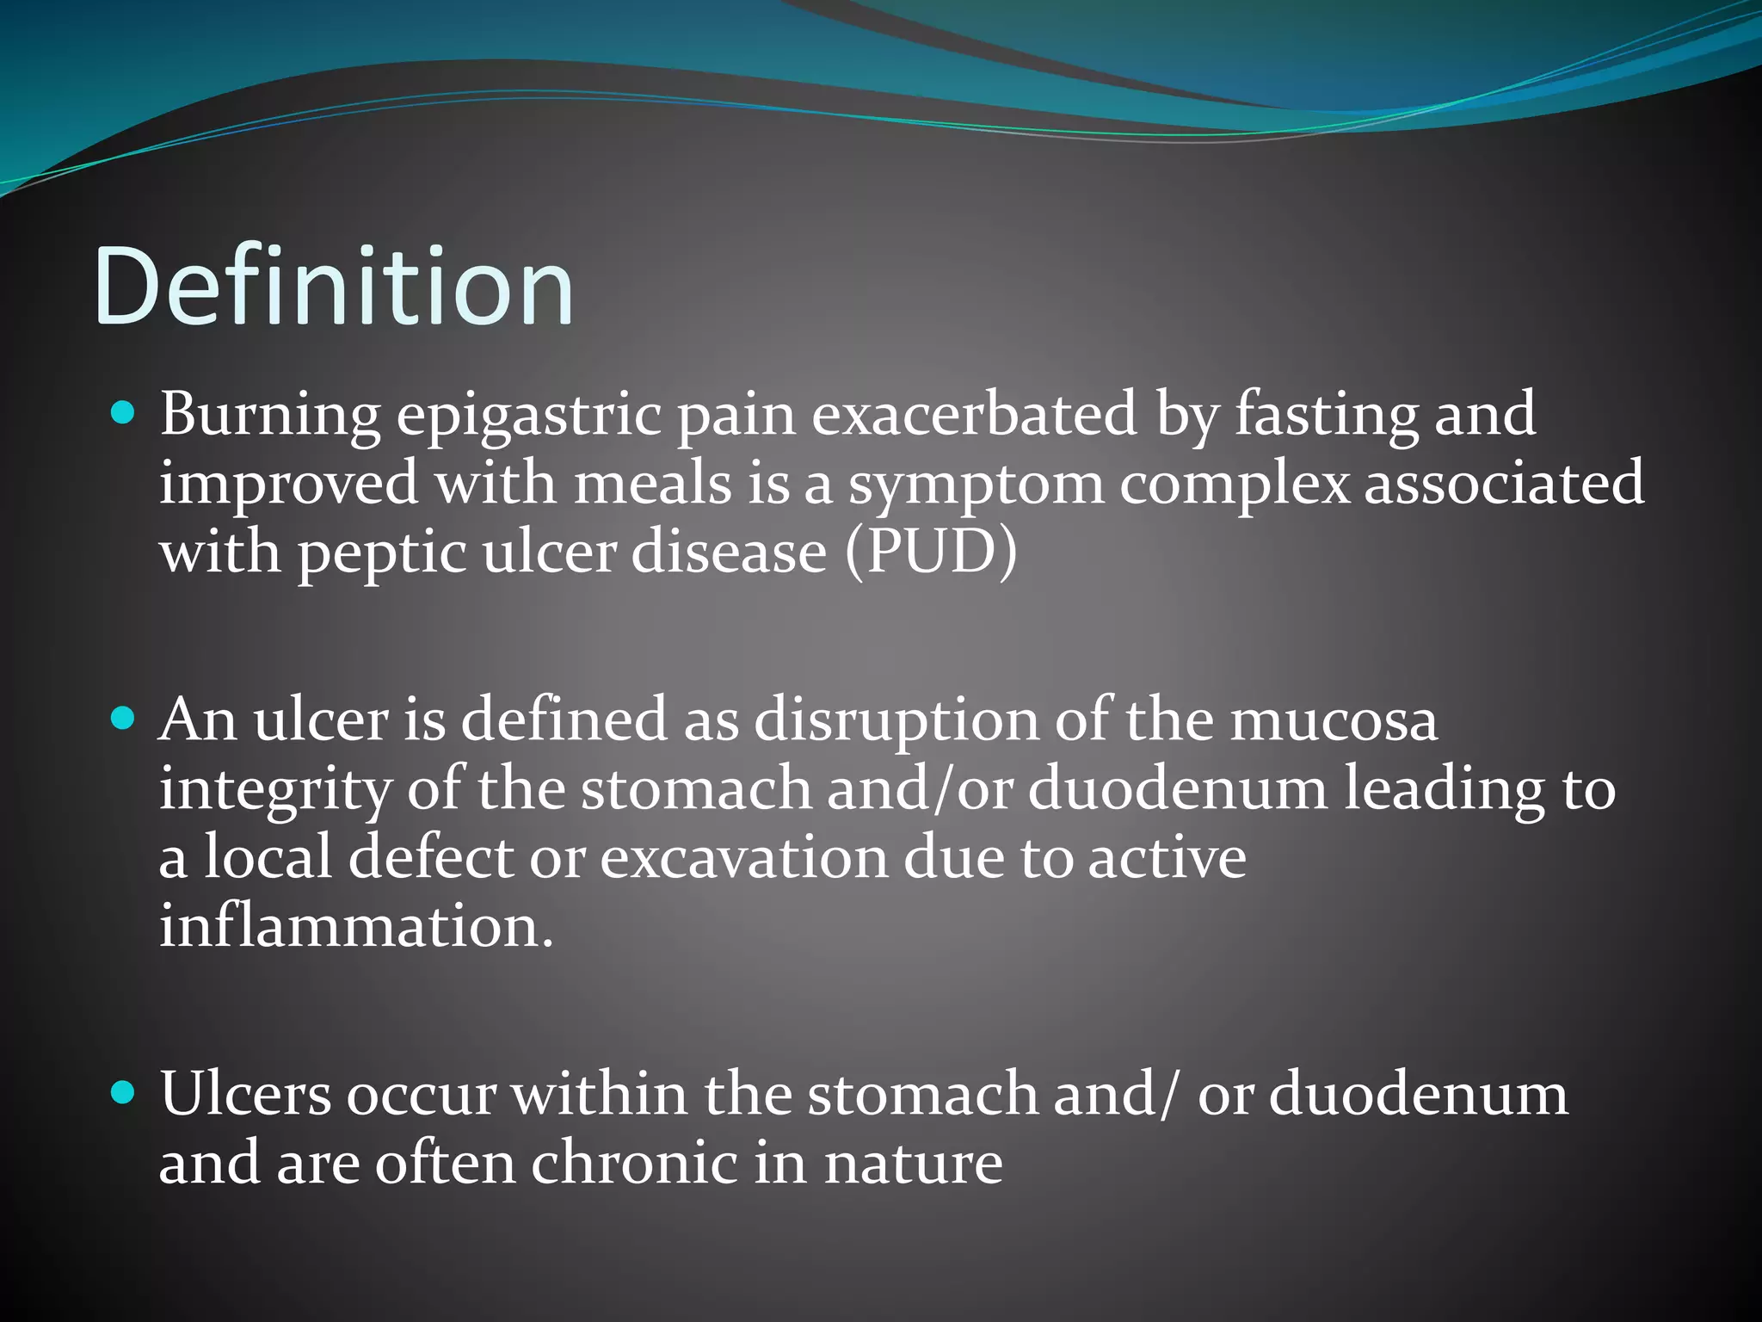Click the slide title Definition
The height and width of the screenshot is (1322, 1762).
pyautogui.click(x=334, y=287)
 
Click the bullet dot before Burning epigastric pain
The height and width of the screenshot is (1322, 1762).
pyautogui.click(x=124, y=415)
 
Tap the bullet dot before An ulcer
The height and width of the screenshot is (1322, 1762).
pyautogui.click(x=124, y=719)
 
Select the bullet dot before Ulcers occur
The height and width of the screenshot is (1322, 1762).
pyautogui.click(x=124, y=1093)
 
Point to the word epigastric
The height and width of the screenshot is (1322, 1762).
pyautogui.click(x=528, y=417)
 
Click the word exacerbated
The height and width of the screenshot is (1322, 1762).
pyautogui.click(x=974, y=415)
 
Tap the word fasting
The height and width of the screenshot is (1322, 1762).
pyautogui.click(x=1326, y=417)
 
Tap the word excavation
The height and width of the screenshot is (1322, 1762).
pyautogui.click(x=743, y=859)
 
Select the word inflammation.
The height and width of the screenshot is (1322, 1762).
pyautogui.click(x=356, y=927)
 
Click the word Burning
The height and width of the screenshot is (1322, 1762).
pyautogui.click(x=269, y=417)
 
